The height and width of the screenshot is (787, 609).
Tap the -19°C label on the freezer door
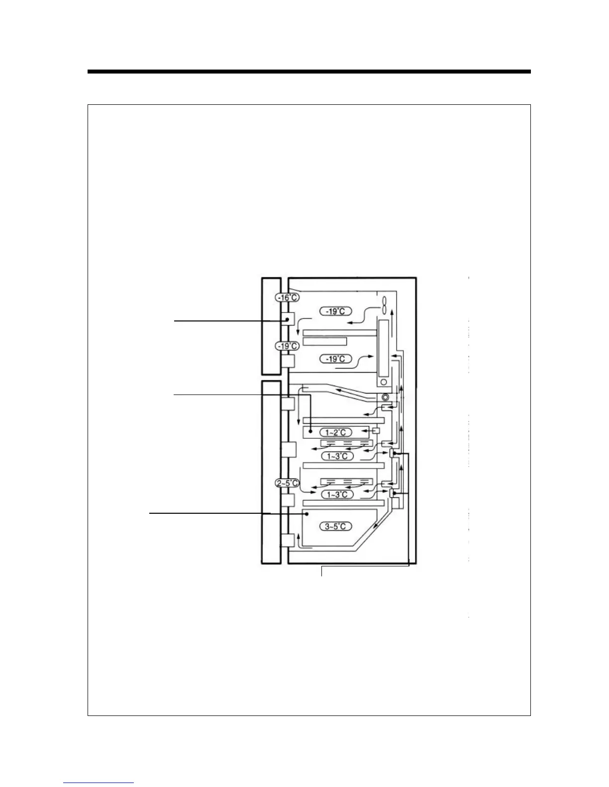[287, 345]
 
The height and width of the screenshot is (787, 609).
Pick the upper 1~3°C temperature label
[337, 456]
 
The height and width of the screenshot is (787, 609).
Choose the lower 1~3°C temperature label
[337, 494]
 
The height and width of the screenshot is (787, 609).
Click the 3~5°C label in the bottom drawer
[335, 526]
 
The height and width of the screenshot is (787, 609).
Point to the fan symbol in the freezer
[385, 306]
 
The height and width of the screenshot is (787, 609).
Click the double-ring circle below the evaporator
[384, 397]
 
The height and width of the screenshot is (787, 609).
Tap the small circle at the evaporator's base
[384, 382]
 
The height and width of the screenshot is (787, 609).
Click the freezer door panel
[271, 325]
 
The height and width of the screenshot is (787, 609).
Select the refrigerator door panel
[271, 472]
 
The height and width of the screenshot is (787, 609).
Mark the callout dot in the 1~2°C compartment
[310, 432]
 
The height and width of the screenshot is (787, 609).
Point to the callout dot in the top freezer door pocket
[287, 320]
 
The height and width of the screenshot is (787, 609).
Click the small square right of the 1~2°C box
[376, 430]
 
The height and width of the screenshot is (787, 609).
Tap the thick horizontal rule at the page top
[309, 72]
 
